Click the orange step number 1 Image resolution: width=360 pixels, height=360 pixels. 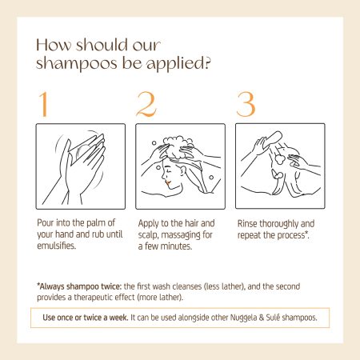pos(43,104)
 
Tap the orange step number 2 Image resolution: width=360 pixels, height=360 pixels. pos(146,104)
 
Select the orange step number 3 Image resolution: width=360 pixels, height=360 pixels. pos(246,104)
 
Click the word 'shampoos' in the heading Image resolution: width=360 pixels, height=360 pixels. pos(77,63)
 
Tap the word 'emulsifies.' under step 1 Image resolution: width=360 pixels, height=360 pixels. pos(57,246)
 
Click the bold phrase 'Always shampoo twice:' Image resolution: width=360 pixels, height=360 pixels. pos(79,286)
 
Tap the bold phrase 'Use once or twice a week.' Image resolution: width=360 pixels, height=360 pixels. pos(86,318)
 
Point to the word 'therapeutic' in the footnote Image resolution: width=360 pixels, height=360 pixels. pos(104,298)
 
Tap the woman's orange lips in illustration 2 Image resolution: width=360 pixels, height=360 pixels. pos(168,183)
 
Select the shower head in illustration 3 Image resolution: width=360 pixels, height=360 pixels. pos(273,140)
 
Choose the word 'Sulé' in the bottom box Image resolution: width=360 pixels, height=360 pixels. pos(273,318)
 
